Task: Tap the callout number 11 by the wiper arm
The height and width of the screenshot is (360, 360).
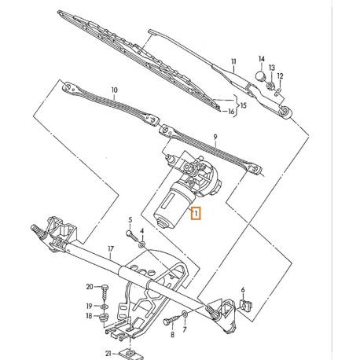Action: [233, 61]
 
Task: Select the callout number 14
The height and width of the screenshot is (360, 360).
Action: [262, 59]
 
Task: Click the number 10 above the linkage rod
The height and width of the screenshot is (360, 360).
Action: [114, 91]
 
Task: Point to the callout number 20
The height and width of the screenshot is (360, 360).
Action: [90, 286]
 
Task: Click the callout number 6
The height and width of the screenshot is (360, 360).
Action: [243, 291]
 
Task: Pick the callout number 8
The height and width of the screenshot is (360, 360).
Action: [170, 334]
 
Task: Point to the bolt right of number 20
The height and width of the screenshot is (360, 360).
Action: [104, 288]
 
